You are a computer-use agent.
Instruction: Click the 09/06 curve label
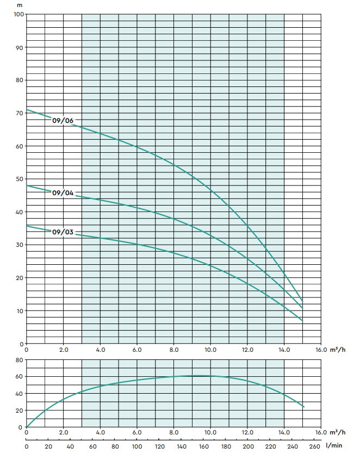[x=63, y=121]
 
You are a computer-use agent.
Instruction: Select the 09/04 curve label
[x=63, y=192]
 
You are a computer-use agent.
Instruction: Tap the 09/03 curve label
[x=63, y=232]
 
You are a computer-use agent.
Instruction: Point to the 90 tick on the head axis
[x=20, y=47]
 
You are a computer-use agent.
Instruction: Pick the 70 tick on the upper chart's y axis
[x=20, y=113]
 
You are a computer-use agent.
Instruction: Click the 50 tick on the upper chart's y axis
[x=20, y=179]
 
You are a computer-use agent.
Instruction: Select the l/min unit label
[x=334, y=445]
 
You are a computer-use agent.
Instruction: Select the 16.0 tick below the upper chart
[x=321, y=350]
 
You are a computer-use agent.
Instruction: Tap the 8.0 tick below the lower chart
[x=174, y=433]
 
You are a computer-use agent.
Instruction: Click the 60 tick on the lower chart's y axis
[x=20, y=377]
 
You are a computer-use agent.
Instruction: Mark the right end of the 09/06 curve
[x=302, y=301]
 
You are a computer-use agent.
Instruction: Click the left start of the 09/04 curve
[x=27, y=185]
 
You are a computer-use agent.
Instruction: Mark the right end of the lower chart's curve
[x=303, y=407]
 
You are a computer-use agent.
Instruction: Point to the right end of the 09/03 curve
[x=302, y=320]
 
